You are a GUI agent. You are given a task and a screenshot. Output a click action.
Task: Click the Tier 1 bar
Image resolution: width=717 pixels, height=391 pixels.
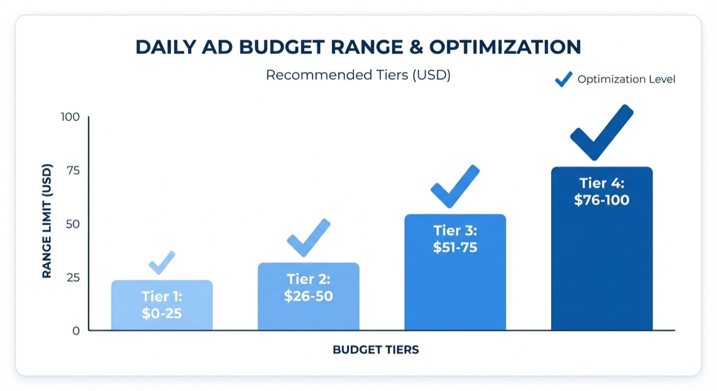point(162,305)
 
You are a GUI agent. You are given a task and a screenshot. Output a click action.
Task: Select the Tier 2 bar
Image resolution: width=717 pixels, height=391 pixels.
point(308,297)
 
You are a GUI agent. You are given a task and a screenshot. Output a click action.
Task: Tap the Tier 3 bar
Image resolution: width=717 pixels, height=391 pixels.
point(455,272)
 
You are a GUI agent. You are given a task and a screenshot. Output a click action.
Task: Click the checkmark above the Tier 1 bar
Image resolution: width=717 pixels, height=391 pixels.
point(161,264)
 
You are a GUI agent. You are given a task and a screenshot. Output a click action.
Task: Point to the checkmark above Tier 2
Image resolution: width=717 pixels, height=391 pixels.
point(308,239)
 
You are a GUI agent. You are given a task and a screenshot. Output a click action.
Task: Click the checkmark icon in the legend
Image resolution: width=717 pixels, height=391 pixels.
point(563,80)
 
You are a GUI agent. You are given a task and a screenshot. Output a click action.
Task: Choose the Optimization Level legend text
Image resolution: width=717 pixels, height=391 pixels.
point(626,80)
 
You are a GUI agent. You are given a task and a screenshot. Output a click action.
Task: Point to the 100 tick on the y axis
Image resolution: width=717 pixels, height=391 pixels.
point(70,117)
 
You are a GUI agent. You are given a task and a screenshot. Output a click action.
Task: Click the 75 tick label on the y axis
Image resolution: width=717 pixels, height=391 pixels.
point(72,170)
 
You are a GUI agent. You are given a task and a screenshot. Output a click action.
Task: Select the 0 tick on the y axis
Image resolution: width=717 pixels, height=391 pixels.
point(76,331)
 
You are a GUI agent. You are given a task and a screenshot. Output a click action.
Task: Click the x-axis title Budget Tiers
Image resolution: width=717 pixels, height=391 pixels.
point(376,350)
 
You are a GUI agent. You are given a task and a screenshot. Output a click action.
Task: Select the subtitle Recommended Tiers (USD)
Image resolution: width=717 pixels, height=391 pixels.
point(358,75)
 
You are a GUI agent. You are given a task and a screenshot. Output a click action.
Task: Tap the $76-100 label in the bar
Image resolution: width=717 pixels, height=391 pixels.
point(602,200)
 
